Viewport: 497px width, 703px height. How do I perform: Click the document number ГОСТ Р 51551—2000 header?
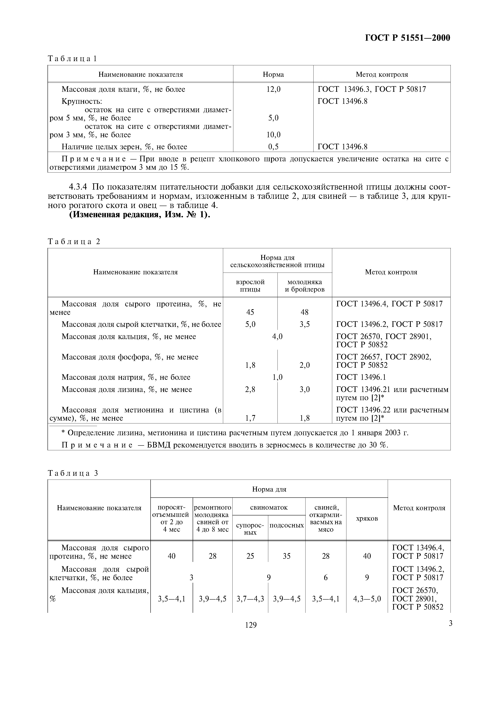pos(408,38)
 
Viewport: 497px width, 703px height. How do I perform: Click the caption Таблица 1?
pos(72,59)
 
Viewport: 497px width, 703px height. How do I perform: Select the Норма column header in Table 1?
pos(273,74)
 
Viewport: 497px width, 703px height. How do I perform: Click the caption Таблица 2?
pos(74,241)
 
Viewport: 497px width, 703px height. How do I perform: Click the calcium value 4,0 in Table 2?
pos(277,336)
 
